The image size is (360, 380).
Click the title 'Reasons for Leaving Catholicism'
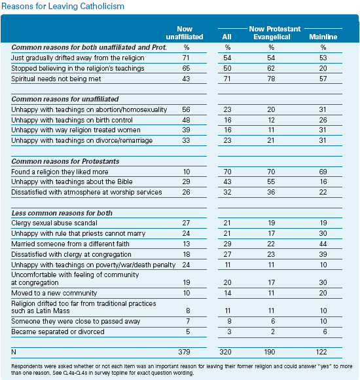tap(63, 6)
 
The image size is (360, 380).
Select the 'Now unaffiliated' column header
tap(185, 33)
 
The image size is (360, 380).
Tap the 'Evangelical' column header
tap(272, 37)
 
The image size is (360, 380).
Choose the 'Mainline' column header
tap(323, 37)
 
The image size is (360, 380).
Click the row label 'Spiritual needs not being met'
tap(56, 79)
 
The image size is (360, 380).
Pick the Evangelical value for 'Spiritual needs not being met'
tap(271, 79)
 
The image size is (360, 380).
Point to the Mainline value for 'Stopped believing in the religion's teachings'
tap(323, 68)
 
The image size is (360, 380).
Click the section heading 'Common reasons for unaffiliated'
tap(65, 99)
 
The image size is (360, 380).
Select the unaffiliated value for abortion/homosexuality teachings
tap(186, 109)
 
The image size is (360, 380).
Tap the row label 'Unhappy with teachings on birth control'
tap(72, 120)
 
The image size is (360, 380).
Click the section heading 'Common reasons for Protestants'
tap(65, 161)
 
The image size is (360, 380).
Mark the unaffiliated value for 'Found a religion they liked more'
tap(187, 172)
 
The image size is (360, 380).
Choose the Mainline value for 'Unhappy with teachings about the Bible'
tap(323, 181)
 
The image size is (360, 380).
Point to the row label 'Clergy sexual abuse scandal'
tap(54, 223)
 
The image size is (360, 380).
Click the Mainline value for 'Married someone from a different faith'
tap(323, 244)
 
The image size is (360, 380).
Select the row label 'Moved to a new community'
tap(54, 293)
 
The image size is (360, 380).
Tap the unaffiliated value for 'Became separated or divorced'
tap(188, 332)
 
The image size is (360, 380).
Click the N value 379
tap(184, 352)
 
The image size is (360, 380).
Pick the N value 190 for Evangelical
tap(270, 352)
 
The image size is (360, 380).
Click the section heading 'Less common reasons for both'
tap(62, 213)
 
